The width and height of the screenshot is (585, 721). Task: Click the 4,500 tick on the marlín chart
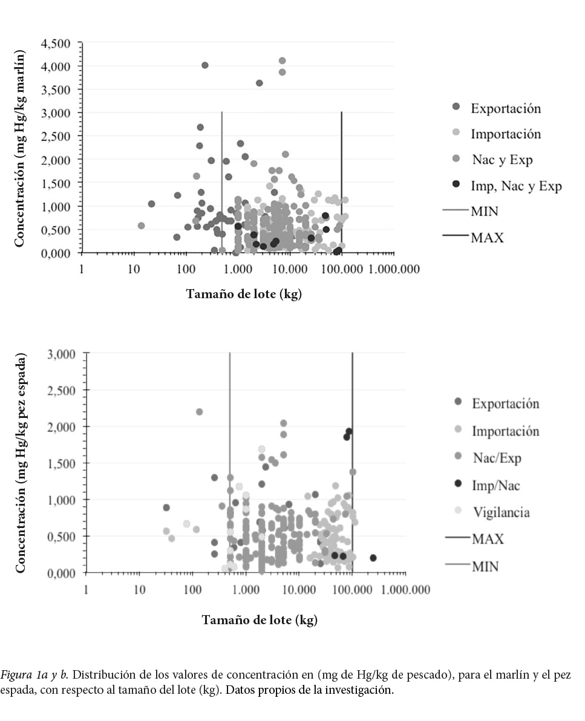pos(56,44)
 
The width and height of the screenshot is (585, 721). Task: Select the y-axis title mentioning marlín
pos(19,148)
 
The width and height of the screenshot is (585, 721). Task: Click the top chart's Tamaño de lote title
pos(243,294)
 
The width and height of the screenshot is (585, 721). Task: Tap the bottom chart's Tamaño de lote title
pos(259,620)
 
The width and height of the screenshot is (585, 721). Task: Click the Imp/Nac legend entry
pos(496,485)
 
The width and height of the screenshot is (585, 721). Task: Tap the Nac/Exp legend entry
pos(496,458)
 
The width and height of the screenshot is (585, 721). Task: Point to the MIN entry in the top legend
pos(485,211)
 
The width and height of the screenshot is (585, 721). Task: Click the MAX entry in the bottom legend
pos(488,539)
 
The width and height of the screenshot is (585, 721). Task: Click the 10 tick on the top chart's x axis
pos(134,269)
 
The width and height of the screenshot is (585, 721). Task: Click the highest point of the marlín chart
pos(282,60)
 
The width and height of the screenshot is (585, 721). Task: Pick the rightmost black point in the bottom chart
pos(373,558)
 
